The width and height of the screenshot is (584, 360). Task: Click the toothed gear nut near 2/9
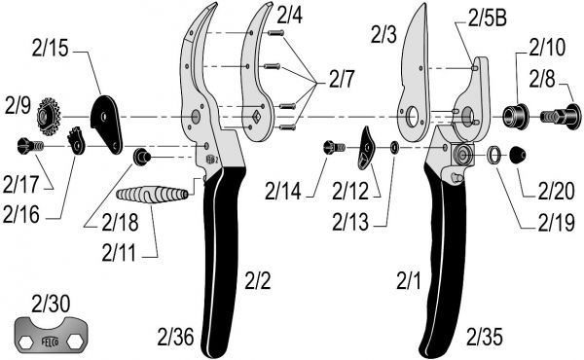click(x=49, y=117)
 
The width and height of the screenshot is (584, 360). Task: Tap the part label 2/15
click(x=50, y=49)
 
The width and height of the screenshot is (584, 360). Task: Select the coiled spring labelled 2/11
click(x=152, y=195)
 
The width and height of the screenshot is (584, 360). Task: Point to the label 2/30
click(x=51, y=304)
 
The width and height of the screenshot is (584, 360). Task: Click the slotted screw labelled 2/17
click(x=30, y=146)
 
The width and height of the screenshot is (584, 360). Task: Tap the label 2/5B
click(x=488, y=18)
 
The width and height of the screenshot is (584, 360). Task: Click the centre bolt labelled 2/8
click(x=561, y=117)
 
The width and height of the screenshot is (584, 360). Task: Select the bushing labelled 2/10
click(x=516, y=116)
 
